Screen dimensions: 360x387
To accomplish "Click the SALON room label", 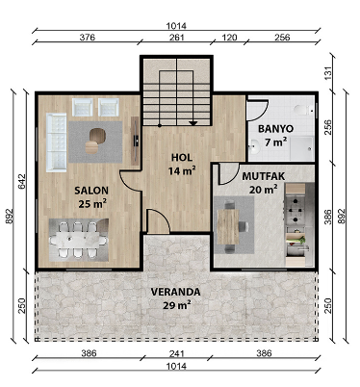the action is click(91, 191).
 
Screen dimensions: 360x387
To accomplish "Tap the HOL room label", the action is click(182, 158).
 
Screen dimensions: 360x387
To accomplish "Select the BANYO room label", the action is click(276, 129).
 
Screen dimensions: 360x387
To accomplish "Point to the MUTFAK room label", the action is click(264, 176).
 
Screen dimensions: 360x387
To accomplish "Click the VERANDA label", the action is click(176, 292).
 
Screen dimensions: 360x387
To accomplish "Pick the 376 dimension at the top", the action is click(88, 38).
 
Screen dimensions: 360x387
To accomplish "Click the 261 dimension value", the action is click(177, 38).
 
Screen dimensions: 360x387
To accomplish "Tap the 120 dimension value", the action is click(229, 38).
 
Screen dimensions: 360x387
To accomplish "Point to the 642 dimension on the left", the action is click(22, 182).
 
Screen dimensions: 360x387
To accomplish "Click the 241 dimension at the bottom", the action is click(177, 353).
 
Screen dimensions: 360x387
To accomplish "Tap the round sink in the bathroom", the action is click(255, 147).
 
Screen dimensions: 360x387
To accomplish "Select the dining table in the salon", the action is click(79, 240).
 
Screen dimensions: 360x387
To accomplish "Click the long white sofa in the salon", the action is click(56, 142).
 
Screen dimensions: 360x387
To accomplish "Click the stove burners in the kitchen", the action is click(295, 210).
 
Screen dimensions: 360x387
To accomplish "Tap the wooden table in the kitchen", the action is click(228, 227).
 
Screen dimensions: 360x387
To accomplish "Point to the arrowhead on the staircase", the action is click(193, 123).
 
